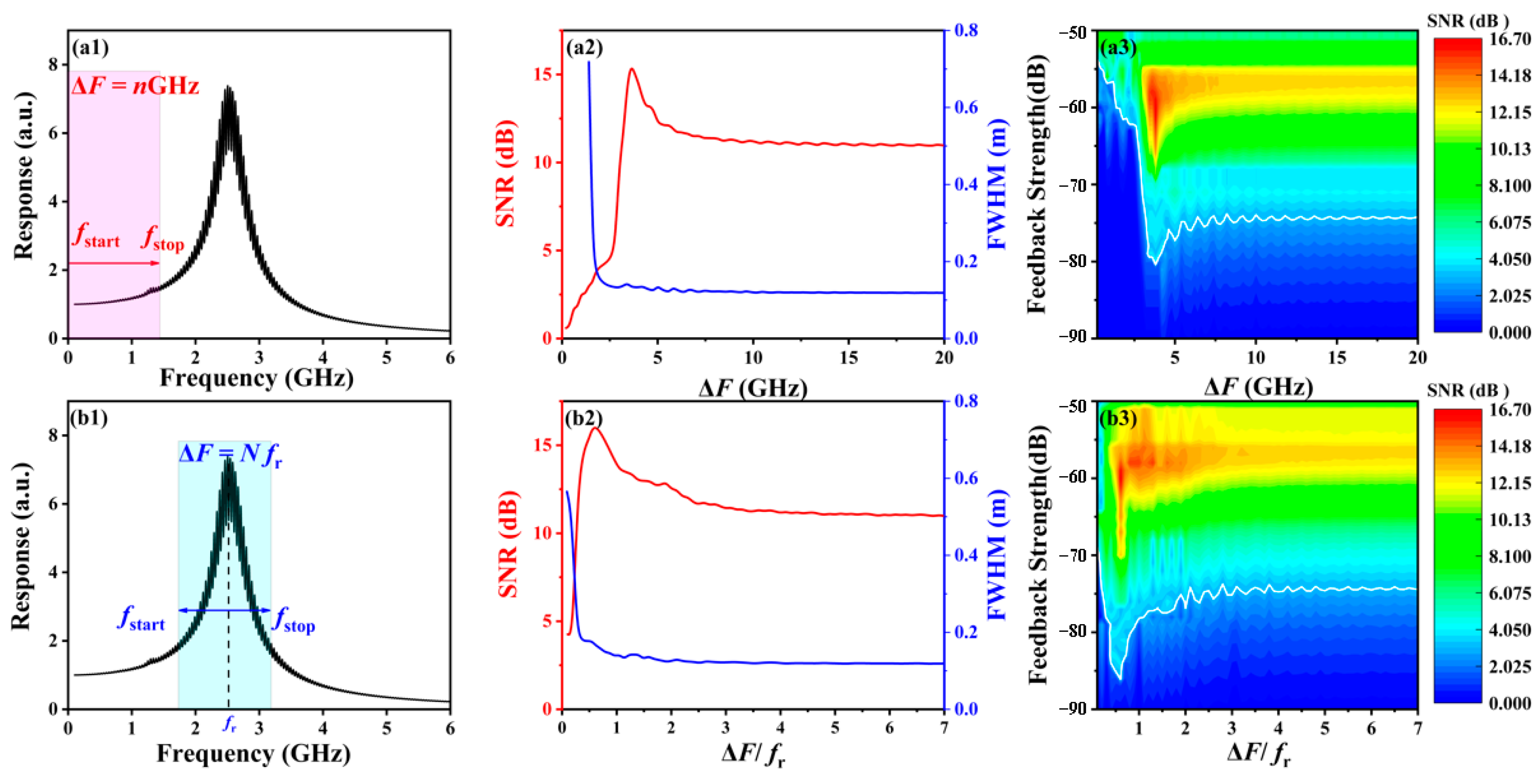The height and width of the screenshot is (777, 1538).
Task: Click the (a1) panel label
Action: [90, 47]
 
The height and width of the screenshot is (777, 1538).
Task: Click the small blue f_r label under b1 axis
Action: [230, 724]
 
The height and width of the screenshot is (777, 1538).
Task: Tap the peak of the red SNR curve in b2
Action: [595, 428]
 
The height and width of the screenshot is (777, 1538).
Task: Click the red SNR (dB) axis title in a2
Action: [506, 174]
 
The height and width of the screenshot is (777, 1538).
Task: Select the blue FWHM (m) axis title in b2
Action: [998, 554]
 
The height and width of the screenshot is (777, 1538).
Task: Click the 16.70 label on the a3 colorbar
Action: [1510, 39]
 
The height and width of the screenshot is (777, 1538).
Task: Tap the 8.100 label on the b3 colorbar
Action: [1510, 556]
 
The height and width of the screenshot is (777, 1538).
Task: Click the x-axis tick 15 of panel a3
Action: [1337, 358]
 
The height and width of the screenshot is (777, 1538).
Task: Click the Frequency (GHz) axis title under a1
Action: [257, 378]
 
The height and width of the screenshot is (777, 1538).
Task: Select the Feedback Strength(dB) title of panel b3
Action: [1037, 554]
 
